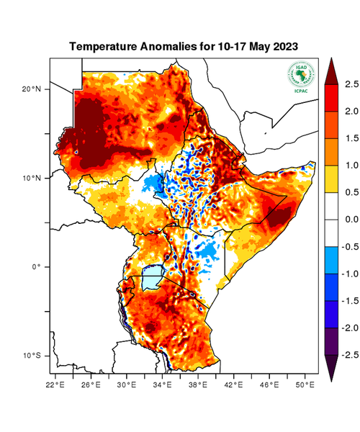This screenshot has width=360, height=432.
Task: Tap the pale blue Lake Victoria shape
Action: click(x=151, y=277)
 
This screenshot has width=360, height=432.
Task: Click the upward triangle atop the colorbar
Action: click(x=330, y=69)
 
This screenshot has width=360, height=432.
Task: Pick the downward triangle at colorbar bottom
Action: click(x=330, y=368)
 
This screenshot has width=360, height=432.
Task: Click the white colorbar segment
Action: click(x=330, y=219)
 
